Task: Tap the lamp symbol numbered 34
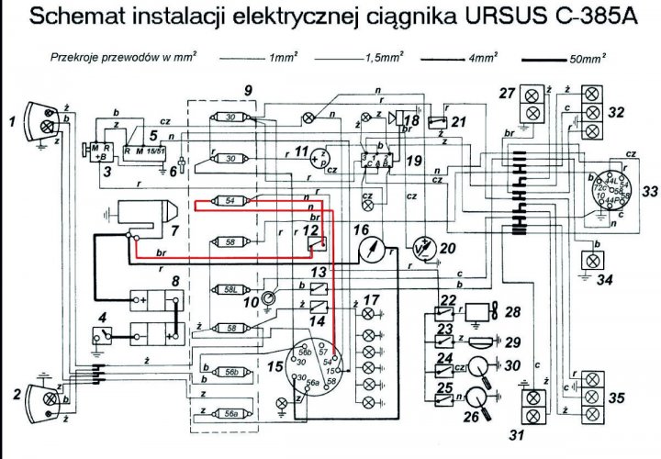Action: pyautogui.click(x=588, y=260)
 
